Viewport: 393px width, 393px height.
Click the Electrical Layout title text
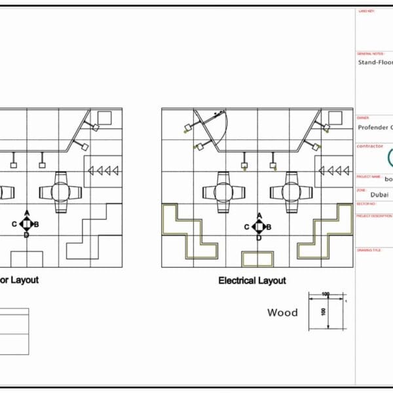coord(252,280)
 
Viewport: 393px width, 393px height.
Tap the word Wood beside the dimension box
coord(282,312)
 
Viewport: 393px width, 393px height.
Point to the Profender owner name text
coord(375,128)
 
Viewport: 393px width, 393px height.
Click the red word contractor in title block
coord(371,146)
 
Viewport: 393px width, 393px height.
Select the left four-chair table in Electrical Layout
coord(225,192)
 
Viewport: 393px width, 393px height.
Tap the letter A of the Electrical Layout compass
coord(259,215)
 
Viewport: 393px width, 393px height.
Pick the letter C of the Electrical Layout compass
coord(247,227)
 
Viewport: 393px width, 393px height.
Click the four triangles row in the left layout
coord(103,170)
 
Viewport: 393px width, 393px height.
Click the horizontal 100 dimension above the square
coord(326,295)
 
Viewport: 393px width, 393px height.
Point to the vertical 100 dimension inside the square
coord(323,310)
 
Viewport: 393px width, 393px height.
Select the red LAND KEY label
coord(367,11)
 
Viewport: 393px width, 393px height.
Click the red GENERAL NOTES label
coord(370,54)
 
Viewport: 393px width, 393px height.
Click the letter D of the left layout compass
coord(26,235)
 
